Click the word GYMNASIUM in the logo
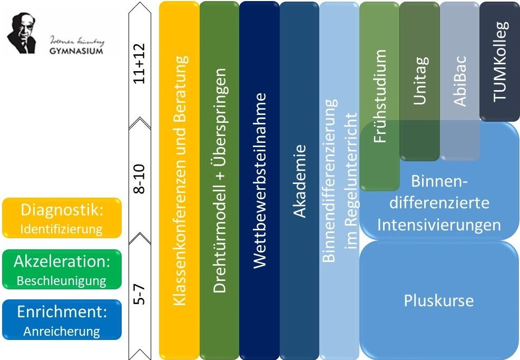76,51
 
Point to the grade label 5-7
140,293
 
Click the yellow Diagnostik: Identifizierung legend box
62,218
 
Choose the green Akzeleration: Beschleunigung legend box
62,269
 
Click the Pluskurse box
438,300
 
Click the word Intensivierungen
438,225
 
